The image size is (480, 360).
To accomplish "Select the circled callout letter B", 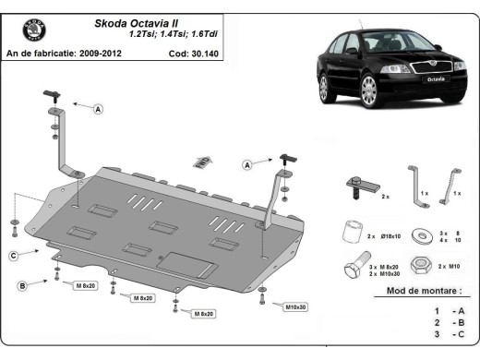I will tap(21, 285).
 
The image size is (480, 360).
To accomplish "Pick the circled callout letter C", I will tap(14, 255).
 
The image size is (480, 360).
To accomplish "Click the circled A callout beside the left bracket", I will tap(99, 109).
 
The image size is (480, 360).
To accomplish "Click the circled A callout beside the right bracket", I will tap(246, 164).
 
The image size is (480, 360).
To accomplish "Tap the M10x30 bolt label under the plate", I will tap(295, 306).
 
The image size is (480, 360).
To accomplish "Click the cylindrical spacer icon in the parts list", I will tap(349, 231).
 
